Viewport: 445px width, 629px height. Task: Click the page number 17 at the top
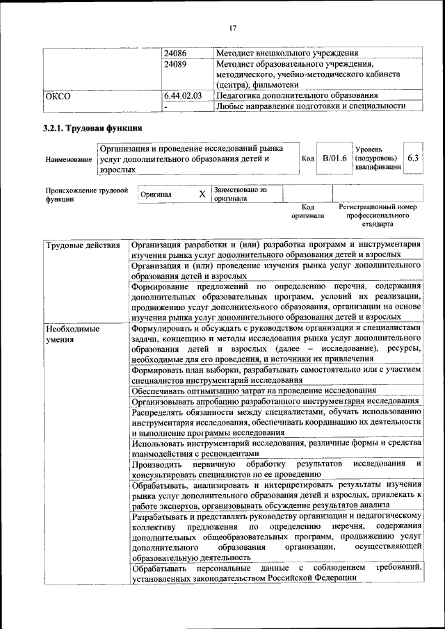[233, 28]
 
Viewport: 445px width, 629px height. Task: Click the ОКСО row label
[58, 96]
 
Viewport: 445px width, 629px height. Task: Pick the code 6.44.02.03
[183, 96]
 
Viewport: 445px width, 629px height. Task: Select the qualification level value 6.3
[414, 158]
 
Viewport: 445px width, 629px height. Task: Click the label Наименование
[69, 160]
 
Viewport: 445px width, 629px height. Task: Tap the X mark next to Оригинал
[202, 195]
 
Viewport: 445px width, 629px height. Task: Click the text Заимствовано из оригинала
[240, 193]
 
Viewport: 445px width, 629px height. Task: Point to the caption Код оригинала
[308, 211]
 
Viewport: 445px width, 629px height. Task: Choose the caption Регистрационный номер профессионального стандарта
[378, 215]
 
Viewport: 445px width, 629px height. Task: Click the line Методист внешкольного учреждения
[287, 54]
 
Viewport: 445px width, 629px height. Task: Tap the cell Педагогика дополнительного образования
[297, 96]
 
